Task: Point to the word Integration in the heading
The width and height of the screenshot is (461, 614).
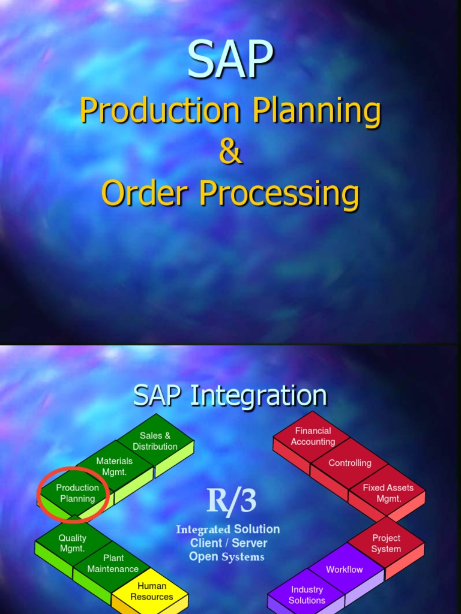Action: (259, 396)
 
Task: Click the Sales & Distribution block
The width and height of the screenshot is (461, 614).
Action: (155, 441)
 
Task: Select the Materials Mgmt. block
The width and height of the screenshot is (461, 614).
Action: (114, 466)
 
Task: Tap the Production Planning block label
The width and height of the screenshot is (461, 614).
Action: (77, 493)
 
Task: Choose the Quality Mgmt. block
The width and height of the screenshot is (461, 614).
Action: (72, 543)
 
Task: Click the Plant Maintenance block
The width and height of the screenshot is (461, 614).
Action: (113, 564)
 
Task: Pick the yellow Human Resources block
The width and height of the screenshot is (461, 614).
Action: (151, 591)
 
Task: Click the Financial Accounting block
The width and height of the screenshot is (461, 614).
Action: (313, 437)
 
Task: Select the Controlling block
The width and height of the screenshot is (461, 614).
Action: (349, 463)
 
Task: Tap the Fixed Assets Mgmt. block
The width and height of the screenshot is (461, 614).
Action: (388, 493)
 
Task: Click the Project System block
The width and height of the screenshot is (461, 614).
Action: (386, 544)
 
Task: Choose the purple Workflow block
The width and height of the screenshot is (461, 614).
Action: (344, 570)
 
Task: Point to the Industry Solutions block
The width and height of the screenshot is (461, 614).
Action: (307, 595)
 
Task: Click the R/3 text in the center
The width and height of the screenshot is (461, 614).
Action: (230, 501)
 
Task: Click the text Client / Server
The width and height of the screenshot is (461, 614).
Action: (229, 543)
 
